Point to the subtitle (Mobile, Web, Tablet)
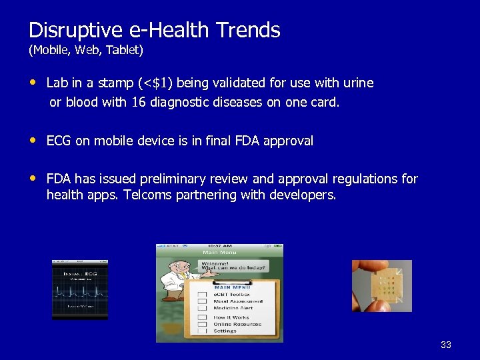click(x=85, y=50)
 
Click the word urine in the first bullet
click(x=358, y=83)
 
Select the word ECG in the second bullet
click(x=59, y=141)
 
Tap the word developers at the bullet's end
click(x=303, y=195)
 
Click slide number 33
click(x=446, y=345)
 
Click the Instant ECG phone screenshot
click(x=80, y=289)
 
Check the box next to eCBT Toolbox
click(x=202, y=294)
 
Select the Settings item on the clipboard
click(x=225, y=331)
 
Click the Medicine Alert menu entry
click(x=233, y=309)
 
